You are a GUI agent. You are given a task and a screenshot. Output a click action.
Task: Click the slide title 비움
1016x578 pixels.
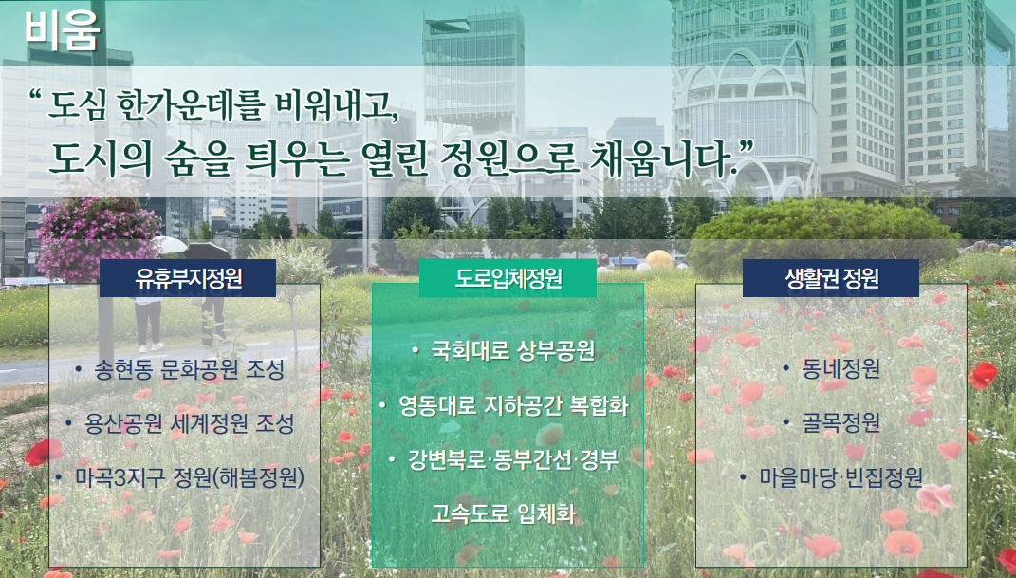point(63,29)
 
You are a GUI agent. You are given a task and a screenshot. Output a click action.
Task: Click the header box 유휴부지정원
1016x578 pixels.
point(188,278)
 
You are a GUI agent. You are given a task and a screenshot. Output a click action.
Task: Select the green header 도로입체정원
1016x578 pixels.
point(508,278)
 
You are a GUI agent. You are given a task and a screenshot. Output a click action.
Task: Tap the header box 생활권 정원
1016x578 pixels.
point(831,278)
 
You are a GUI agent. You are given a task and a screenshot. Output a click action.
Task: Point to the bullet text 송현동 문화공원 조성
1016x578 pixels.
point(189,370)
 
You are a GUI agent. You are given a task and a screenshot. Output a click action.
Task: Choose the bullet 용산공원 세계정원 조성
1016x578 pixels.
point(189,424)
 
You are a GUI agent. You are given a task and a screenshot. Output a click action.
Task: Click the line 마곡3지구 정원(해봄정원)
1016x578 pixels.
point(189,478)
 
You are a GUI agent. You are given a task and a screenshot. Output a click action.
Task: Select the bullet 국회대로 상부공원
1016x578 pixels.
point(512,350)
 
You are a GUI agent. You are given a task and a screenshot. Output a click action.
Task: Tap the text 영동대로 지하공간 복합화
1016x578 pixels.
point(512,405)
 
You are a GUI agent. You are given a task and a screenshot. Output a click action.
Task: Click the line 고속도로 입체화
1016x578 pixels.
point(503,513)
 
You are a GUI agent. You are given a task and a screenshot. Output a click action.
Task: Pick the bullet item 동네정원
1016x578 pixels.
point(841,368)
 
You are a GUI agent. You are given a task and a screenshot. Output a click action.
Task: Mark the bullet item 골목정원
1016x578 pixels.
point(841,423)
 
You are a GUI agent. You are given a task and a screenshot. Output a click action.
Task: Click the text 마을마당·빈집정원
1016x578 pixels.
point(841,477)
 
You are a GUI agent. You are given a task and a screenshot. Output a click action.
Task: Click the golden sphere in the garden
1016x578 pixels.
point(659,259)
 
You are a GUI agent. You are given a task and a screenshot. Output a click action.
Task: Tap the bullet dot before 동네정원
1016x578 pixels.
point(786,368)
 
